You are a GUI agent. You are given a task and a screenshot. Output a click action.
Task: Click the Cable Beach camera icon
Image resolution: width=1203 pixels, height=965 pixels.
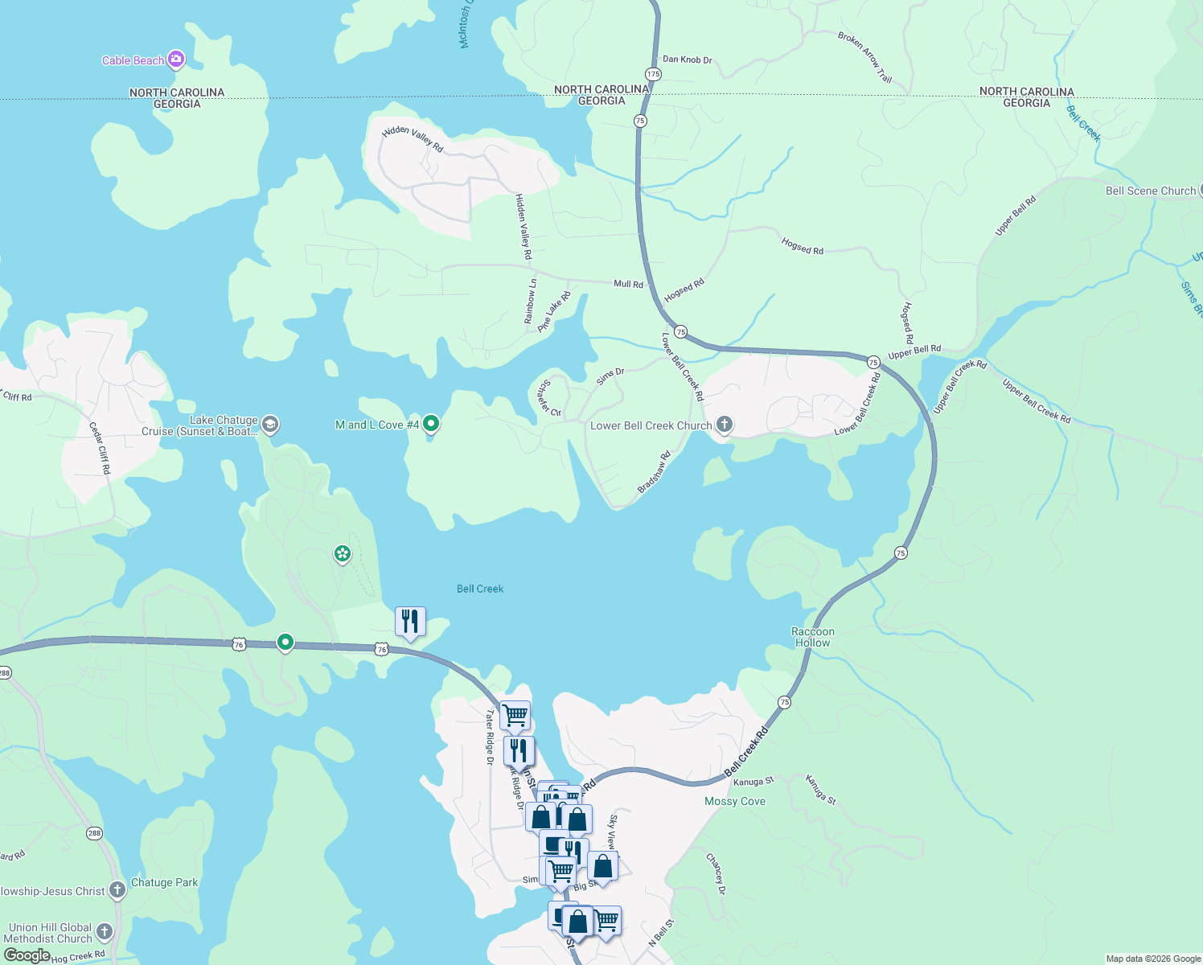click(x=176, y=60)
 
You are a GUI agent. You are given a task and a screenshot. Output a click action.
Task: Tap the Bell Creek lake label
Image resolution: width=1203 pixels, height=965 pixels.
click(x=480, y=589)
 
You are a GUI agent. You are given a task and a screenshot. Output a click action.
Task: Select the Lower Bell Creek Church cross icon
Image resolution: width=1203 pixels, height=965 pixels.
click(x=724, y=425)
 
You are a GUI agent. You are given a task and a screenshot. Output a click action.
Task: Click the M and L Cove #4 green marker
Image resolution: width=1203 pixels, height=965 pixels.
click(x=431, y=423)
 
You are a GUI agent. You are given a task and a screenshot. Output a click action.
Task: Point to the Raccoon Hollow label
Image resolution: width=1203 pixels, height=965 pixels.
click(x=813, y=637)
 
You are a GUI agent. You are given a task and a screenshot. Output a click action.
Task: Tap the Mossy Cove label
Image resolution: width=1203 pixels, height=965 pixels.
click(x=735, y=801)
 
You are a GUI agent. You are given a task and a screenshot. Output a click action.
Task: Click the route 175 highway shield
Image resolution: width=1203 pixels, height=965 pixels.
click(x=653, y=74)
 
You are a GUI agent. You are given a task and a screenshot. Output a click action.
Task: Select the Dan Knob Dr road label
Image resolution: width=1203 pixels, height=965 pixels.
click(x=687, y=60)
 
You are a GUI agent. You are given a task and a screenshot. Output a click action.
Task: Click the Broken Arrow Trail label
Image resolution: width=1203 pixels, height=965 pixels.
click(x=864, y=57)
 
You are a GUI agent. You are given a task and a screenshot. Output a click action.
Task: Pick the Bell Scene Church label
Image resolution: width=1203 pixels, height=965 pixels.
click(x=1151, y=191)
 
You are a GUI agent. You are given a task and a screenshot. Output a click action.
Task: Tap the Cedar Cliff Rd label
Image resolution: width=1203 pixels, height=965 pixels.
click(x=100, y=448)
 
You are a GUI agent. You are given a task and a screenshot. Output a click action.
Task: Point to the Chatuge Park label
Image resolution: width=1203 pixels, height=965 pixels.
click(x=164, y=882)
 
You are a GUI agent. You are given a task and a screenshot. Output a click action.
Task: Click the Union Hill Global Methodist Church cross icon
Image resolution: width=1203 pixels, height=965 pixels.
click(x=105, y=932)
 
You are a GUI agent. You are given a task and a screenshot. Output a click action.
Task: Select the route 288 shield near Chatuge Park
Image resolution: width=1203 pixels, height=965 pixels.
click(x=95, y=833)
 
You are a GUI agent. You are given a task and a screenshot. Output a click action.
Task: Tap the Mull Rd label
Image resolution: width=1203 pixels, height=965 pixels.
click(x=628, y=284)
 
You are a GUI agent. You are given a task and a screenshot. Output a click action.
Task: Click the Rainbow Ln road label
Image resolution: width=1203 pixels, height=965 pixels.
click(x=531, y=302)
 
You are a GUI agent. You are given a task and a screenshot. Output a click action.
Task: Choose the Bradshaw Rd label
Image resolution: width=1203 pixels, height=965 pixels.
click(x=654, y=473)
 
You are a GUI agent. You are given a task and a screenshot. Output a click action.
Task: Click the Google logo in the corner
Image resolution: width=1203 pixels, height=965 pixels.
click(x=27, y=955)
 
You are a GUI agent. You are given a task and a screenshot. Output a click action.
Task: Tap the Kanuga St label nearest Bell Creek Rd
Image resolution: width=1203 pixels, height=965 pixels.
click(x=753, y=782)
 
